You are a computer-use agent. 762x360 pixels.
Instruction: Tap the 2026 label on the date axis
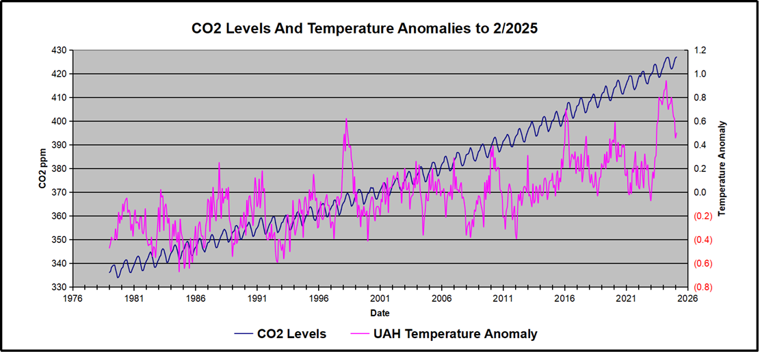click(688, 298)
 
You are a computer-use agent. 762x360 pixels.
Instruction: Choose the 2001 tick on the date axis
click(380, 298)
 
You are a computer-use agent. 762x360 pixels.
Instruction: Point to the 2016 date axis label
click(565, 298)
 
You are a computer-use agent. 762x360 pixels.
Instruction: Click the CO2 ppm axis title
click(42, 168)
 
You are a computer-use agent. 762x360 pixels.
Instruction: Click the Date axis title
click(380, 313)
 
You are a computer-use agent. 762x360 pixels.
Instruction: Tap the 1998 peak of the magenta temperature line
click(346, 119)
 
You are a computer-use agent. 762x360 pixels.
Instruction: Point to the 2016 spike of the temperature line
click(566, 111)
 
